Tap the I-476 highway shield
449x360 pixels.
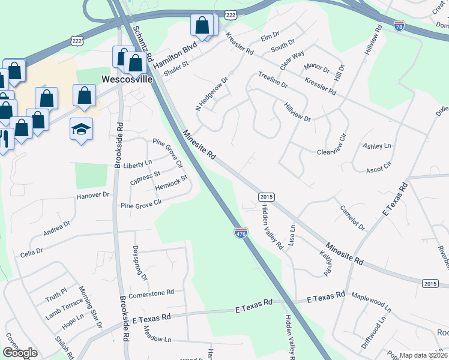241,233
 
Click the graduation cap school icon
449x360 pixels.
81,128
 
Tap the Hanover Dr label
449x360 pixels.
92,196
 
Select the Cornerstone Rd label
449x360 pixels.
151,292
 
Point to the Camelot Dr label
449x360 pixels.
352,217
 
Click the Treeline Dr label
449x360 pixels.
273,80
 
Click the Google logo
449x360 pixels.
20,353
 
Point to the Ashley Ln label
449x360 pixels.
376,146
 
